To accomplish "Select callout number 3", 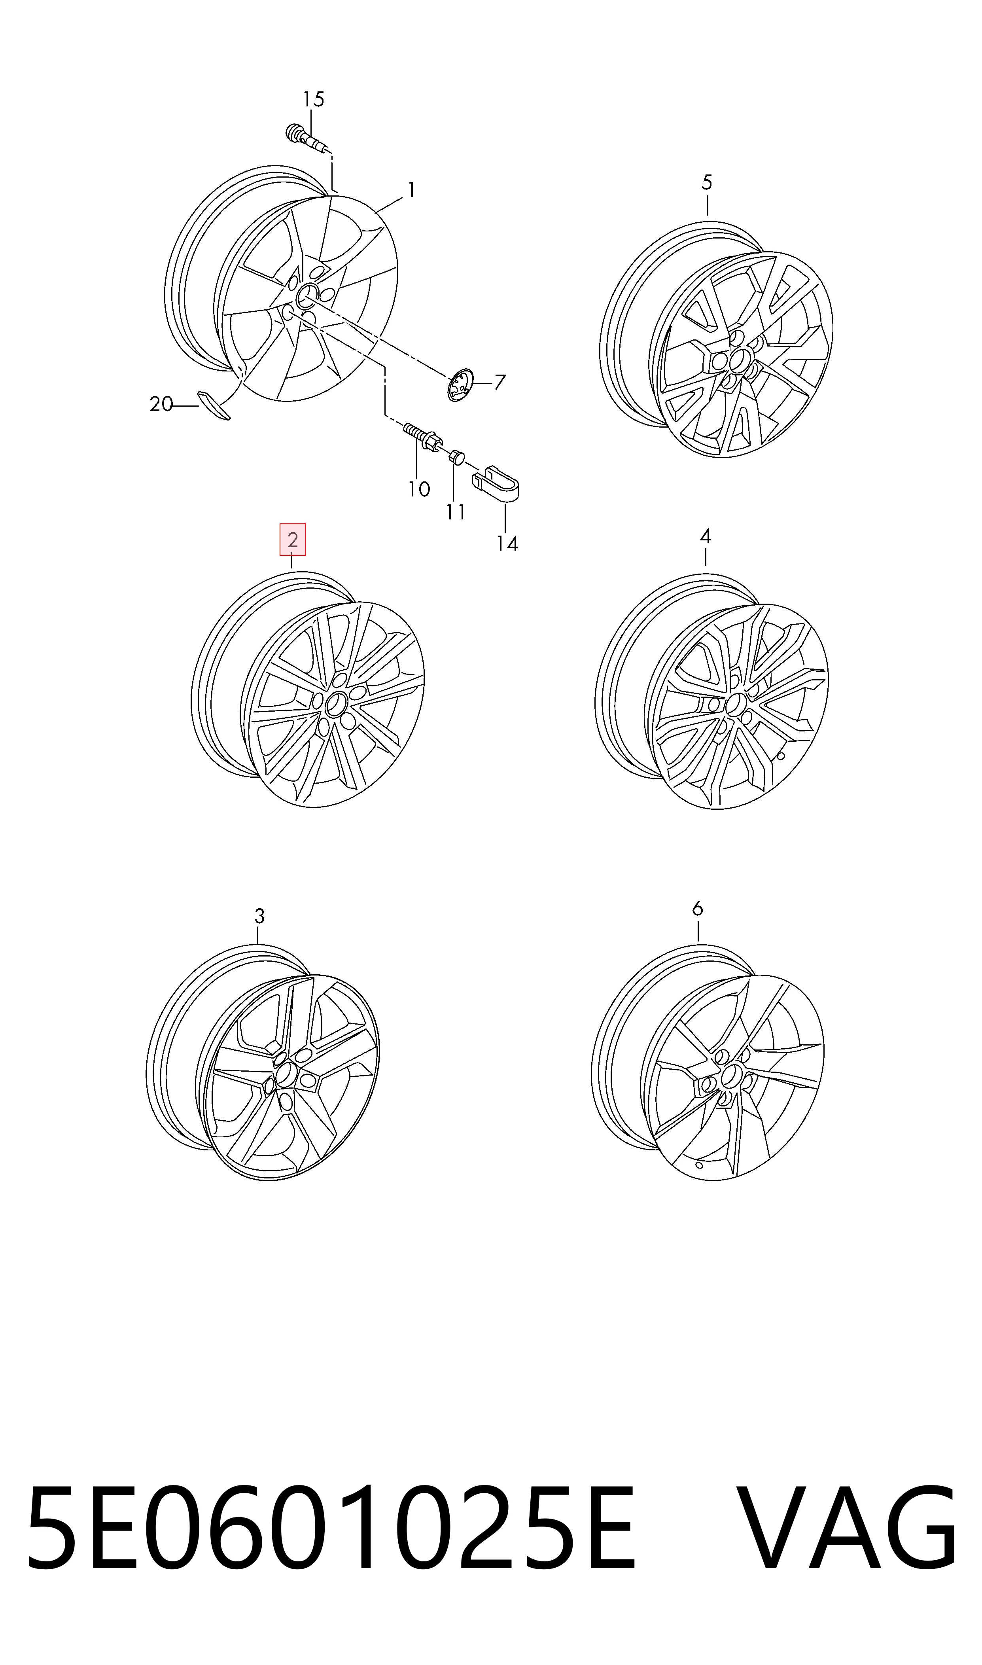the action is [x=259, y=917].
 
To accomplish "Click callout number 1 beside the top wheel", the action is [x=411, y=191].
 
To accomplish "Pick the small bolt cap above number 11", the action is [x=456, y=457].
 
